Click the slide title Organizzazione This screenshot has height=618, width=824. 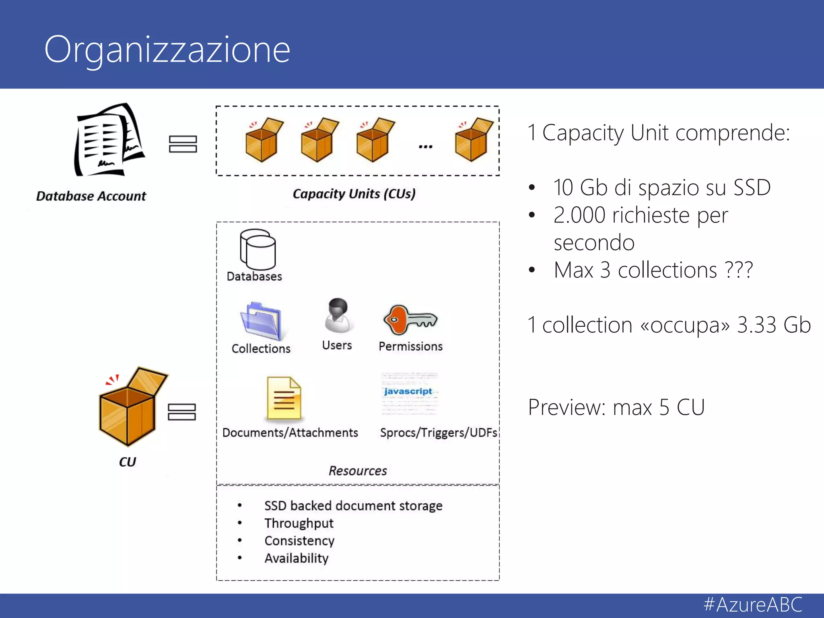[x=167, y=50]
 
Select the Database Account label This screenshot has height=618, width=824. [x=91, y=196]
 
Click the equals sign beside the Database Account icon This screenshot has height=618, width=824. [x=183, y=144]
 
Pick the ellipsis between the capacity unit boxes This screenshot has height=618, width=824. [x=425, y=147]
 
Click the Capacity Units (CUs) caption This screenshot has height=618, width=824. [x=354, y=194]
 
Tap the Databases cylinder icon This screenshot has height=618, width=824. [x=257, y=249]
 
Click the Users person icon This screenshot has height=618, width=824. [x=338, y=315]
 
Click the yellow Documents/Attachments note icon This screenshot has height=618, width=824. [x=284, y=398]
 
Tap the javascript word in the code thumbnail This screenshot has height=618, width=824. [x=408, y=391]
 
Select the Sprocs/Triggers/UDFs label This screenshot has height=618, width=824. [x=439, y=433]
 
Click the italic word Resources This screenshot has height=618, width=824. [x=358, y=471]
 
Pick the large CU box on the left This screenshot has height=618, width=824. [x=131, y=406]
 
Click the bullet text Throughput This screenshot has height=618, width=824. [x=299, y=523]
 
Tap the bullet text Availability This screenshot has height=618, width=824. [x=297, y=558]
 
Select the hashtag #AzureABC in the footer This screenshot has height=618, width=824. [x=753, y=605]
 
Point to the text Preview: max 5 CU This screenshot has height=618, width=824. [x=616, y=407]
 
